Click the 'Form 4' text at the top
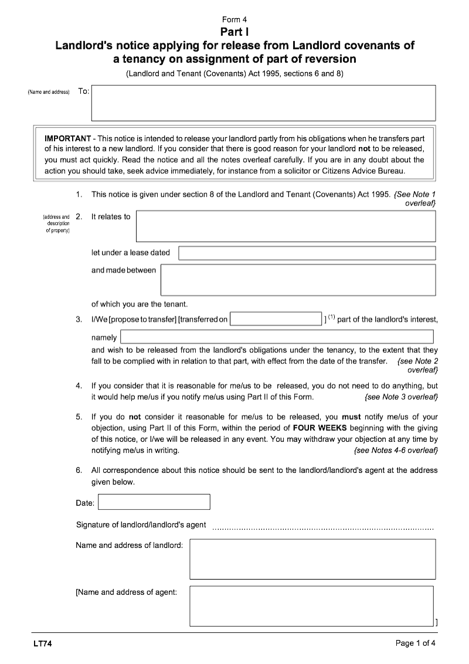point(235,19)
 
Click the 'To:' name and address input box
point(264,103)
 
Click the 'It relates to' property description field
point(286,226)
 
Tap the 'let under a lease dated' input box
point(307,253)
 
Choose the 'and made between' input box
point(298,280)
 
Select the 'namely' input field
point(277,337)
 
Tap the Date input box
point(154,502)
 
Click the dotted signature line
point(322,527)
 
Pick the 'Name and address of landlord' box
point(312,559)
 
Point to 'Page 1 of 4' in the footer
point(416,643)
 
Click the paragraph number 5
point(79,417)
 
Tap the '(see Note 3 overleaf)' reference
point(401,397)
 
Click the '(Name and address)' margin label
point(49,93)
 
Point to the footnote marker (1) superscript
point(331,318)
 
